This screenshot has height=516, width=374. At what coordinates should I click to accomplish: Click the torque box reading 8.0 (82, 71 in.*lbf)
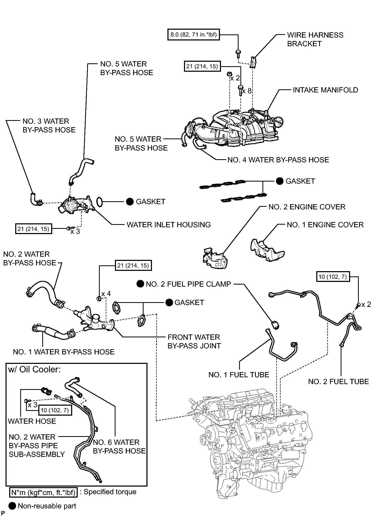coord(194,35)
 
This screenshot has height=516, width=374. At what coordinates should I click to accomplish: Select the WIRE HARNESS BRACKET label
coord(315,39)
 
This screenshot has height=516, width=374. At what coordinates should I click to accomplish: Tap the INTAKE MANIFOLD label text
coord(325,90)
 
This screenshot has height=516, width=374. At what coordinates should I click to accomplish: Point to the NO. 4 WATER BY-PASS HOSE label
coord(278,160)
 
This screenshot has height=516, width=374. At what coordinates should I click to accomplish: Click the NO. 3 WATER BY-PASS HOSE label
coord(49,126)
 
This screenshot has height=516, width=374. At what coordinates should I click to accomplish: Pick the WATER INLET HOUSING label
coord(169,225)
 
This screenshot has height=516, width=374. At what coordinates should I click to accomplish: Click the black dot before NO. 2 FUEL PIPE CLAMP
coord(140,284)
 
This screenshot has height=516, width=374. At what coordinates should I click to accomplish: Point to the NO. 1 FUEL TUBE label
coord(239,375)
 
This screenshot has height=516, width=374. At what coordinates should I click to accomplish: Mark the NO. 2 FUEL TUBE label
coord(339,381)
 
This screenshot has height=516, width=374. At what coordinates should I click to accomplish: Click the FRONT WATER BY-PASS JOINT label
coord(194,341)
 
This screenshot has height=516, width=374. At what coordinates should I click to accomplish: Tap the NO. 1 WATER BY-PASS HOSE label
coord(64,352)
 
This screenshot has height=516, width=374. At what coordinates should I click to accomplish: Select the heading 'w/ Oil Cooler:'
coord(34,369)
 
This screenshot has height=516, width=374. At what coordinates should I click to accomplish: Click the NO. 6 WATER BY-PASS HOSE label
coord(119,446)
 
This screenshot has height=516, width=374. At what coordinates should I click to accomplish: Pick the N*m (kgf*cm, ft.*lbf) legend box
coord(43,492)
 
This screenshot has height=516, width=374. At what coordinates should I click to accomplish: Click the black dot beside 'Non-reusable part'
coord(12,506)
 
